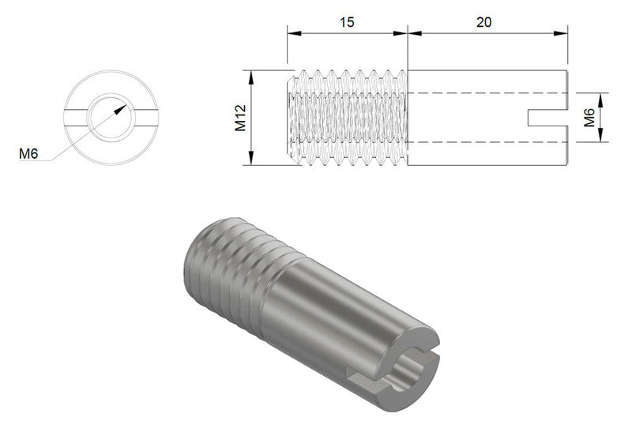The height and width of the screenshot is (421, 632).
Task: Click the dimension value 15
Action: [x=346, y=22]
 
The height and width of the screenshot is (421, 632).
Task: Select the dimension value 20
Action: [x=483, y=22]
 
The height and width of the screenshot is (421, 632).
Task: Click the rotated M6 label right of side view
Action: [x=589, y=118]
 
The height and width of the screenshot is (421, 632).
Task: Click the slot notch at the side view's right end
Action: [x=547, y=117]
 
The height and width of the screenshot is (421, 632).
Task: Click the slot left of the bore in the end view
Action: [x=77, y=118]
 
